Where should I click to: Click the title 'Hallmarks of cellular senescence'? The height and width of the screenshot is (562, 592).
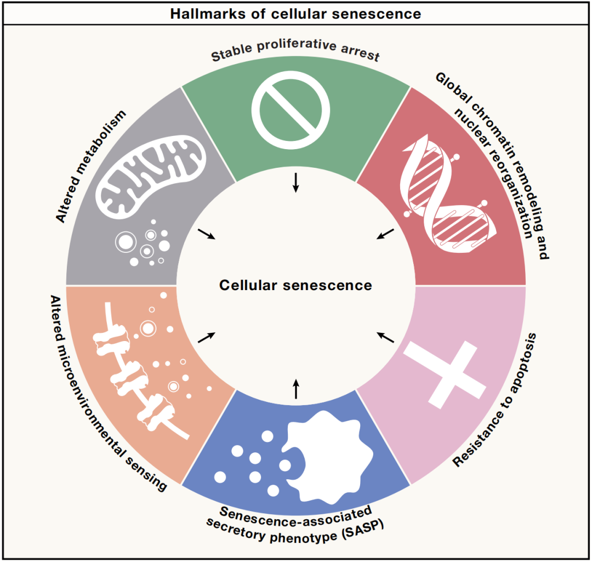(295, 14)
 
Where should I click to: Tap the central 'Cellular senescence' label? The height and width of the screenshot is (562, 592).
(295, 286)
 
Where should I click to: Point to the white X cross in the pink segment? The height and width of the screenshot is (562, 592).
(444, 374)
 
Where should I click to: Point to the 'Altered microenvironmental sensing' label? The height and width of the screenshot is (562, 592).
(107, 393)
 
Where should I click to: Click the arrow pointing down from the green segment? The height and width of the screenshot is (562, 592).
(296, 182)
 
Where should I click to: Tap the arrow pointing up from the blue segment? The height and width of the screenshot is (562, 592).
(296, 389)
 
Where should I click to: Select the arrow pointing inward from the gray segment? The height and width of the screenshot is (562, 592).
(207, 234)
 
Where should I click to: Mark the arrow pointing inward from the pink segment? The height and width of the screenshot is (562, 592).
(386, 337)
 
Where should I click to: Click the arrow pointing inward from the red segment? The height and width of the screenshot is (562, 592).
(385, 234)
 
